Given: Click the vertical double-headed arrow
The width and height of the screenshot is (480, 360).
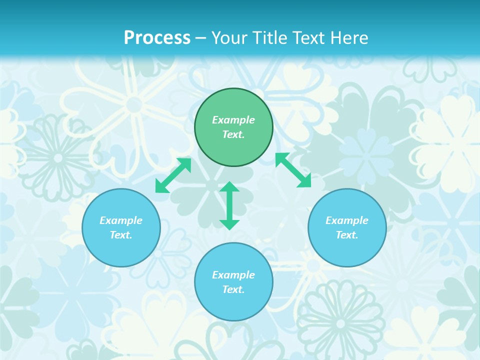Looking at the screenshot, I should tap(229, 205).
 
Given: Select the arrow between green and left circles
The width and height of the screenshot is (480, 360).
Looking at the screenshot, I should tap(173, 175).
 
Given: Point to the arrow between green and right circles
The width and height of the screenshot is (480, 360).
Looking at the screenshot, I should tap(293, 170).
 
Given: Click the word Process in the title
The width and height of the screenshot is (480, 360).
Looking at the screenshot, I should tap(157, 37).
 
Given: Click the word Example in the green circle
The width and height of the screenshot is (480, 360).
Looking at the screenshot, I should tap(233, 120).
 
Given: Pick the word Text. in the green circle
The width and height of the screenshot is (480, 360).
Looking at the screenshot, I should tap(233, 134).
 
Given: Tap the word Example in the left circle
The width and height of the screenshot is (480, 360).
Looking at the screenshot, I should tap(121, 220).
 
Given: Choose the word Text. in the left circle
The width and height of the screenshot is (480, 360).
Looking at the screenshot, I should tap(121, 235).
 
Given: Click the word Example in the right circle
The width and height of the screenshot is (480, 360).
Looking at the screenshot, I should tap(347, 220).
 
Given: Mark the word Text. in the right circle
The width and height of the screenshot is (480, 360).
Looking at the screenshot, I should tap(347, 235).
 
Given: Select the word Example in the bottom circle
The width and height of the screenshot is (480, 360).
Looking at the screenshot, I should tap(233, 275).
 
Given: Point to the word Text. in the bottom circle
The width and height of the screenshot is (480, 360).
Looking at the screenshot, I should tap(233, 289).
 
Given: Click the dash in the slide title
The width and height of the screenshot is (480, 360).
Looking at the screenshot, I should tap(201, 38).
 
